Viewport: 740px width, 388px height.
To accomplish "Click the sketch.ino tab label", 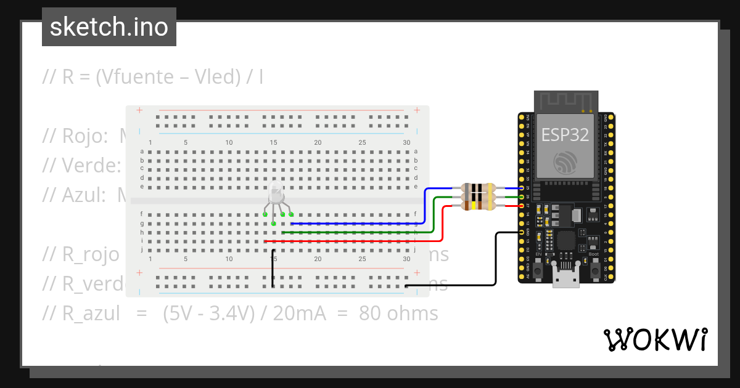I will click(x=109, y=27).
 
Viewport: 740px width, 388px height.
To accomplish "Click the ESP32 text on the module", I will click(x=565, y=134).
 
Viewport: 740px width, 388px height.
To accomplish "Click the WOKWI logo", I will click(x=654, y=339).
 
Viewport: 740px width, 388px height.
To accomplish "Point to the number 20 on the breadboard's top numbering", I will click(x=318, y=142).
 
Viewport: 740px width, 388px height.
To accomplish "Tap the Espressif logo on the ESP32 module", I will click(x=565, y=161).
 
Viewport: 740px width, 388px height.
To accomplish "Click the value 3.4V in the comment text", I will click(x=231, y=313).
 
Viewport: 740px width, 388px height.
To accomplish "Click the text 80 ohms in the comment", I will click(x=398, y=313).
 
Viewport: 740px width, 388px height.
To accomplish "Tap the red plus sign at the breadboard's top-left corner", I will click(x=140, y=111).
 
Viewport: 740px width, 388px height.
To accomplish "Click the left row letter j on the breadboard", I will click(x=142, y=250).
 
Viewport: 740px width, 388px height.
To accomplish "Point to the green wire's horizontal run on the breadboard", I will click(x=351, y=233).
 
